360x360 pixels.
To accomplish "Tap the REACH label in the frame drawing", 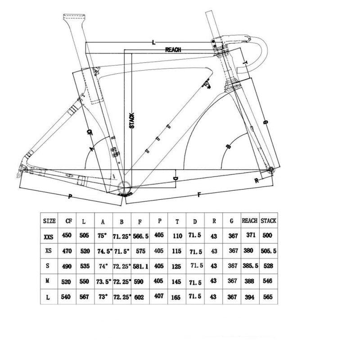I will (173, 49).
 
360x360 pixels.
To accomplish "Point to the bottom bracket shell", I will (125, 188).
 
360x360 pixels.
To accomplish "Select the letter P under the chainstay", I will (70, 196).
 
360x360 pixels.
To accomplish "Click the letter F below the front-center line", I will (198, 194).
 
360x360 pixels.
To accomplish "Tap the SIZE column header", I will (49, 221).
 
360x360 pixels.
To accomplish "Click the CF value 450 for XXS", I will (67, 235).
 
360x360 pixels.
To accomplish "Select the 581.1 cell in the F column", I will (140, 266).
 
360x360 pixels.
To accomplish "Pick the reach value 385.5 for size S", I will (250, 266).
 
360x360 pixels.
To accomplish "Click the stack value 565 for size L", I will (268, 297).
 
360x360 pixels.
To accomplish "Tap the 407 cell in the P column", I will (158, 297).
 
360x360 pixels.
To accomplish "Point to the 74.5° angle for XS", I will (103, 251).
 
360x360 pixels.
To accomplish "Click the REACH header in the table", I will (250, 221).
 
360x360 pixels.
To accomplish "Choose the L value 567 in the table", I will (85, 297).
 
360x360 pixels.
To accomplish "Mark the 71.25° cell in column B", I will (121, 235).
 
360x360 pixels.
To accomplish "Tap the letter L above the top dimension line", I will (154, 42).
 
